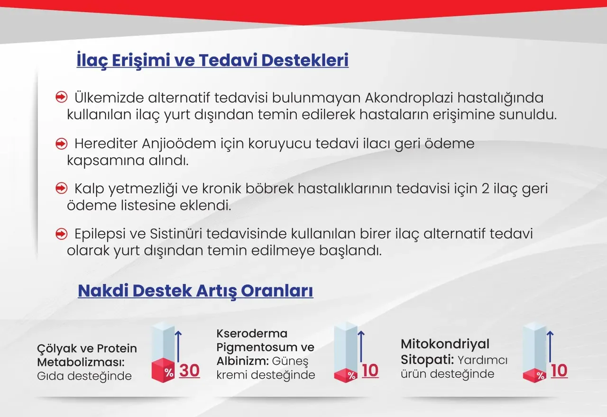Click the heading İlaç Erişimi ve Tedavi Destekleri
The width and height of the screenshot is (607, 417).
[212, 61]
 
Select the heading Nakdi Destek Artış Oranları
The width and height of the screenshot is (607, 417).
[195, 290]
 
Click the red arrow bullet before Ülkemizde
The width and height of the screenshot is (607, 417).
[61, 98]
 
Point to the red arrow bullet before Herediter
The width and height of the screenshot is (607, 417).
[61, 143]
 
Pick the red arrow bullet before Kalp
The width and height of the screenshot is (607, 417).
[61, 189]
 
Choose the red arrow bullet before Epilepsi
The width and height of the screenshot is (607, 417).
[61, 234]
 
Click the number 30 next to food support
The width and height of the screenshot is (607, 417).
[189, 371]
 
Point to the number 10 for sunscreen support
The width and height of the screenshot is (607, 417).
[370, 371]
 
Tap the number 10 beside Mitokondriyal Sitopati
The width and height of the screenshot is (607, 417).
[559, 371]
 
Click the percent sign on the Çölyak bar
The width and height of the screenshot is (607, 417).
[169, 372]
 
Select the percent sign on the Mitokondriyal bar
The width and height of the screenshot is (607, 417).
[540, 376]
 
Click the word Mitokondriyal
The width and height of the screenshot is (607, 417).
[445, 344]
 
